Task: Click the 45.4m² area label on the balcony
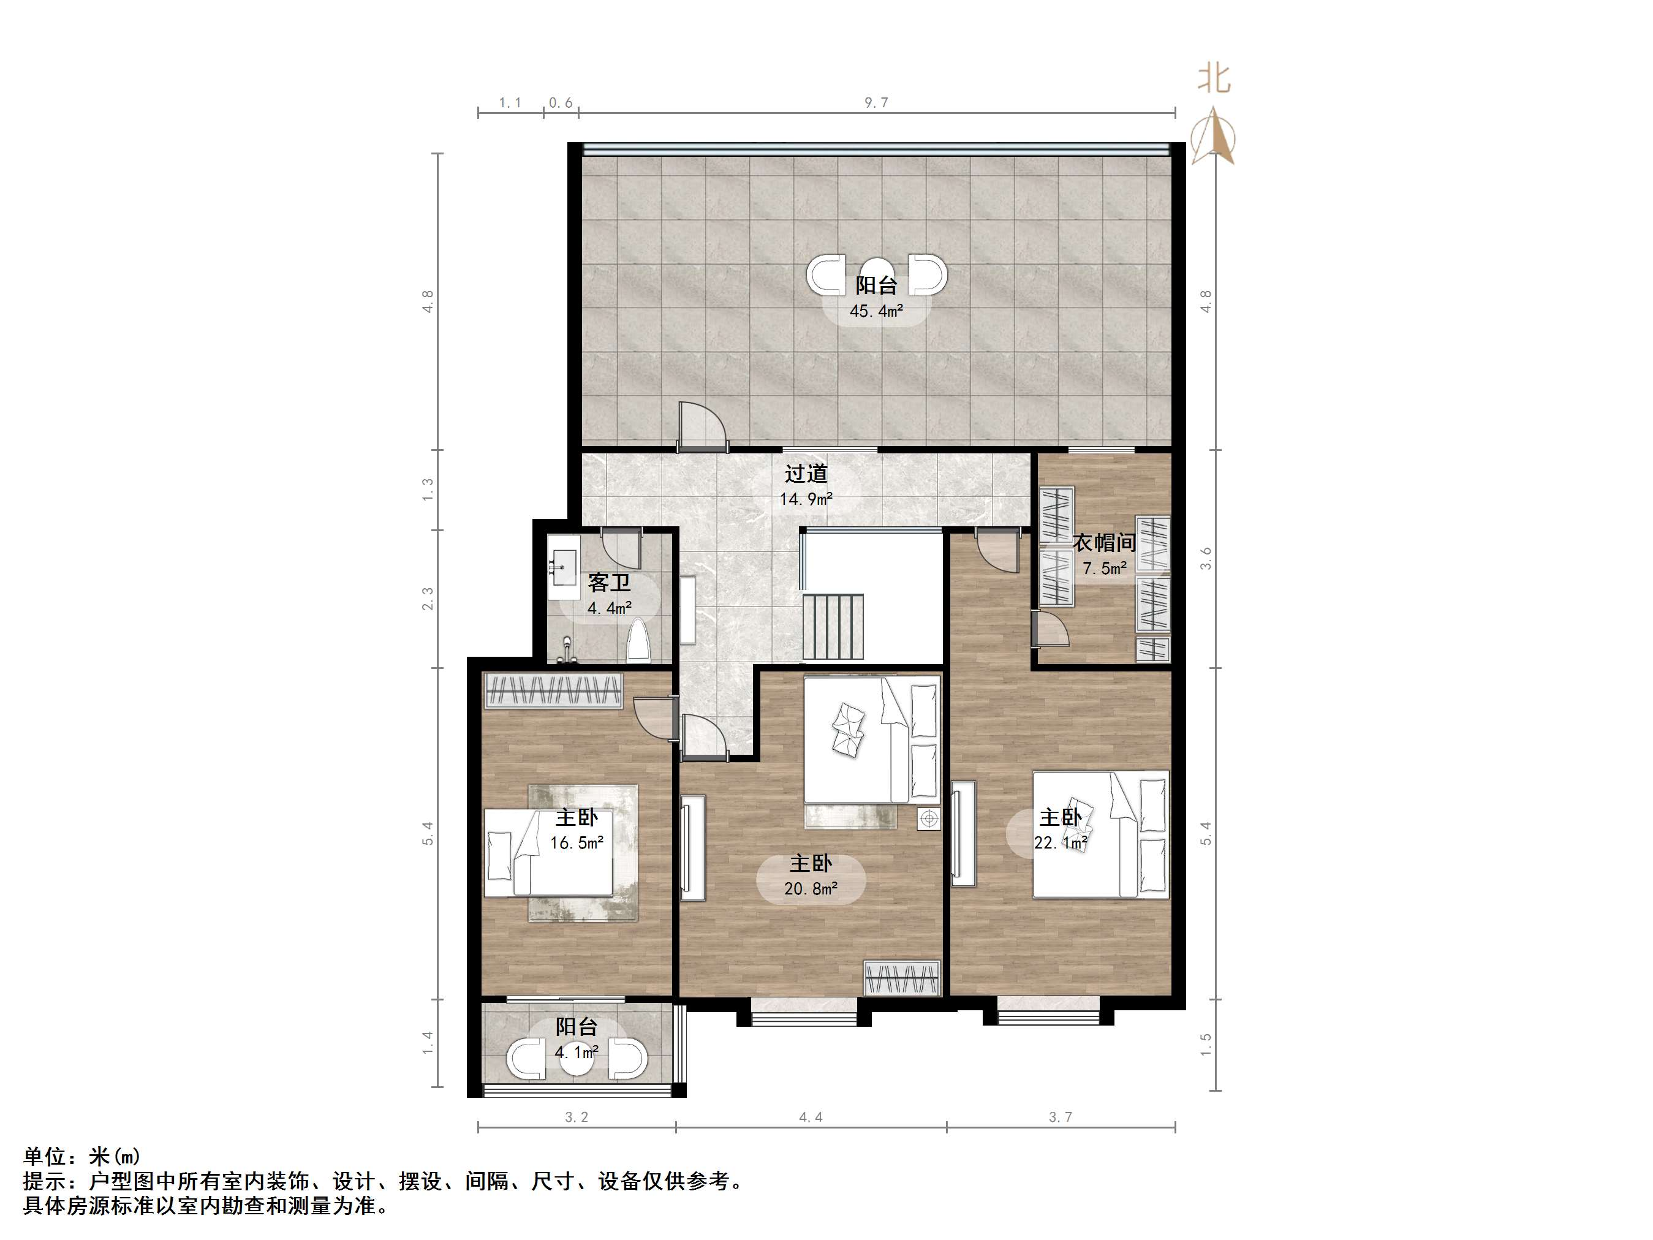coord(876,311)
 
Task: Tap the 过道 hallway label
coord(806,474)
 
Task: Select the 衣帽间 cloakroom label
coord(1104,543)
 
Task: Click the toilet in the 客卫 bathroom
coord(638,641)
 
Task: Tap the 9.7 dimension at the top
coord(876,102)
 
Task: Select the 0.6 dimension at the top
coord(561,102)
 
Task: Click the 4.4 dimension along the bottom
coord(810,1117)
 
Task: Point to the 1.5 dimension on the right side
coord(1205,1044)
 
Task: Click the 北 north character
coord(1214,78)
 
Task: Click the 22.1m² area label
coord(1061,843)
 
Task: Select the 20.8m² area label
coord(810,889)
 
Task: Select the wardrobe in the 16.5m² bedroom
coord(553,690)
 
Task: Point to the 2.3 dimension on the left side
coord(428,599)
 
